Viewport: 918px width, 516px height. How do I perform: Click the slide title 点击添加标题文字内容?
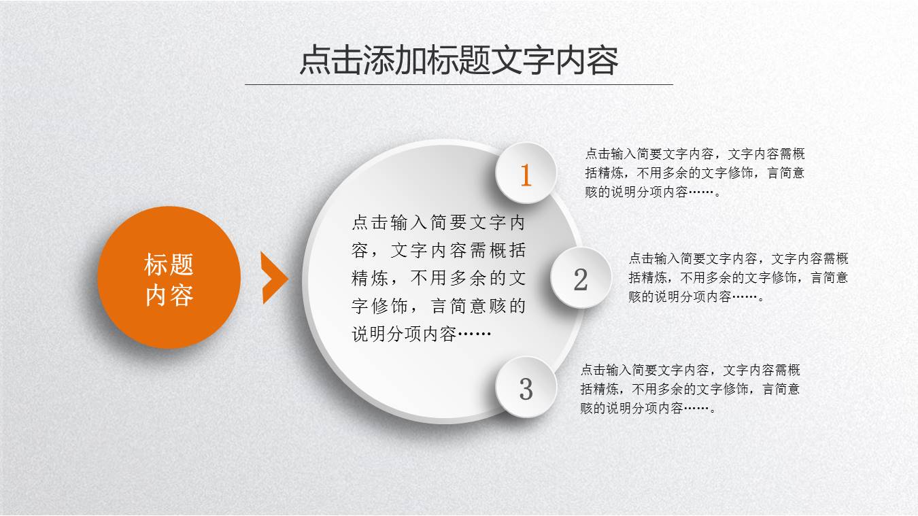[x=459, y=61]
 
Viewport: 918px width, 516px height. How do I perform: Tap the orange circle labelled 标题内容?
[x=169, y=277]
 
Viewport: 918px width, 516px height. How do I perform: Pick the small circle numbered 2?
[x=581, y=278]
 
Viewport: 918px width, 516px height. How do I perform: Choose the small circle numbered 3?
[x=526, y=388]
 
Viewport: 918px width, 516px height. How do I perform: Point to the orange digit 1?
[x=526, y=175]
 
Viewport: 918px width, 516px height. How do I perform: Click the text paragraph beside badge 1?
[x=694, y=173]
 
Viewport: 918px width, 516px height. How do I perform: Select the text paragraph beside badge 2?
[x=738, y=277]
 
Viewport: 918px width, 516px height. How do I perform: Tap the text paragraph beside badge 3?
[x=690, y=389]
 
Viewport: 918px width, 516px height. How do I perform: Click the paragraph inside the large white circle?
[x=439, y=278]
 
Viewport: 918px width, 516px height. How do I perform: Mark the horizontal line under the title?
[x=459, y=84]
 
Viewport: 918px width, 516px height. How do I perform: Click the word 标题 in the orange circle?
[x=169, y=264]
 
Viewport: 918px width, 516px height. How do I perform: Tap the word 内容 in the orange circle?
[x=169, y=296]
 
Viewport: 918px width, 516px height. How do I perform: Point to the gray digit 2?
[x=581, y=279]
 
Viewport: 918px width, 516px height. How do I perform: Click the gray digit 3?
[x=526, y=389]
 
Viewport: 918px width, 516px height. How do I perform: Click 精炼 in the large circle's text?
[x=370, y=278]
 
